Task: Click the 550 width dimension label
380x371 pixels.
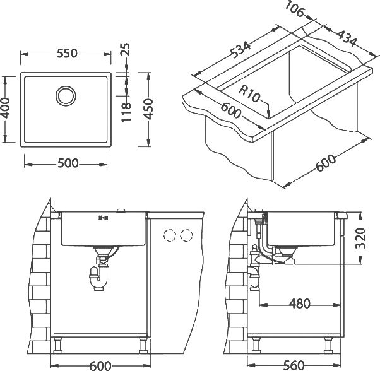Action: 67,54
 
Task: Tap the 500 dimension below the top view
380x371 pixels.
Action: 68,163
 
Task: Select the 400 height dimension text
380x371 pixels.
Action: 5,108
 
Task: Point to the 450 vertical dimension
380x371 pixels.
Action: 148,109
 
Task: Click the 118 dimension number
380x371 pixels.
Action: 126,112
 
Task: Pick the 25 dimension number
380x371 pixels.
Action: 126,50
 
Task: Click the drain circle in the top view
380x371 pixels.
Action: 66,96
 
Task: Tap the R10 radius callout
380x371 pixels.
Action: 249,93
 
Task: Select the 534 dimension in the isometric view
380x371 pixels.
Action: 240,50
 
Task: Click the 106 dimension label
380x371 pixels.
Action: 294,9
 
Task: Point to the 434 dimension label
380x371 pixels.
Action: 347,38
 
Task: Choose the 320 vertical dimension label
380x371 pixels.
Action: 360,238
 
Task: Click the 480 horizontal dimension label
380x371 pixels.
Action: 300,304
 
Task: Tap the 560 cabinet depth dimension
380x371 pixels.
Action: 294,365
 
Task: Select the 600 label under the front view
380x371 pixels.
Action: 100,366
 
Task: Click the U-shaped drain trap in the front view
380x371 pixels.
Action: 98,278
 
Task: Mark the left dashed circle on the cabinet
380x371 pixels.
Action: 169,235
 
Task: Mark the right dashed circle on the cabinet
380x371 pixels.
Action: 186,235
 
